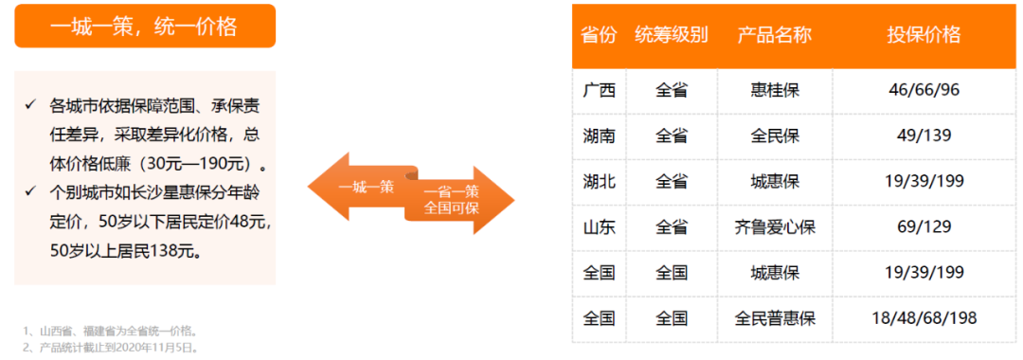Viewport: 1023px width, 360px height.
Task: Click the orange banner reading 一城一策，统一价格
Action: point(144,27)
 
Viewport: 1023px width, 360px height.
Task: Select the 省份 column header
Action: point(599,35)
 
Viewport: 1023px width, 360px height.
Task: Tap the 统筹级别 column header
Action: point(671,35)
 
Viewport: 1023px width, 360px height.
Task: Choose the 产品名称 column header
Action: point(774,35)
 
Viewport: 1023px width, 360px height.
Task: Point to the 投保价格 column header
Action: point(924,35)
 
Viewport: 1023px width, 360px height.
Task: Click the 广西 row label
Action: point(599,91)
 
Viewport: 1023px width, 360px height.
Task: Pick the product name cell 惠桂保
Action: point(774,91)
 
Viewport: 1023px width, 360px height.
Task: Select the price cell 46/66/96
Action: point(924,91)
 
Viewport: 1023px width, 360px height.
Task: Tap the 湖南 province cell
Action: point(599,136)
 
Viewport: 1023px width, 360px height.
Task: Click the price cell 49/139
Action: point(924,136)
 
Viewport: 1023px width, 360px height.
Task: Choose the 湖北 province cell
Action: point(599,182)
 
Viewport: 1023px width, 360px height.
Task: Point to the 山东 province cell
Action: point(599,227)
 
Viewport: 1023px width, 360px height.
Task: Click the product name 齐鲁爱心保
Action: point(774,227)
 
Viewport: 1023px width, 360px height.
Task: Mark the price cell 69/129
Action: point(924,227)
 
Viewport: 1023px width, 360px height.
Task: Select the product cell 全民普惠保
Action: point(774,318)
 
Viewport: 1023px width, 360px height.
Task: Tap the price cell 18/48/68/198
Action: point(924,318)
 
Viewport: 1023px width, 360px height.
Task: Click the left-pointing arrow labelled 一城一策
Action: point(360,186)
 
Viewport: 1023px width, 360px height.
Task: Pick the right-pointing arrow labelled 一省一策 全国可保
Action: point(459,200)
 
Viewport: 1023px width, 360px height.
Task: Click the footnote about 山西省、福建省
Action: point(111,331)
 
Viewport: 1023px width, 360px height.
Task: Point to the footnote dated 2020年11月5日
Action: point(111,347)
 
